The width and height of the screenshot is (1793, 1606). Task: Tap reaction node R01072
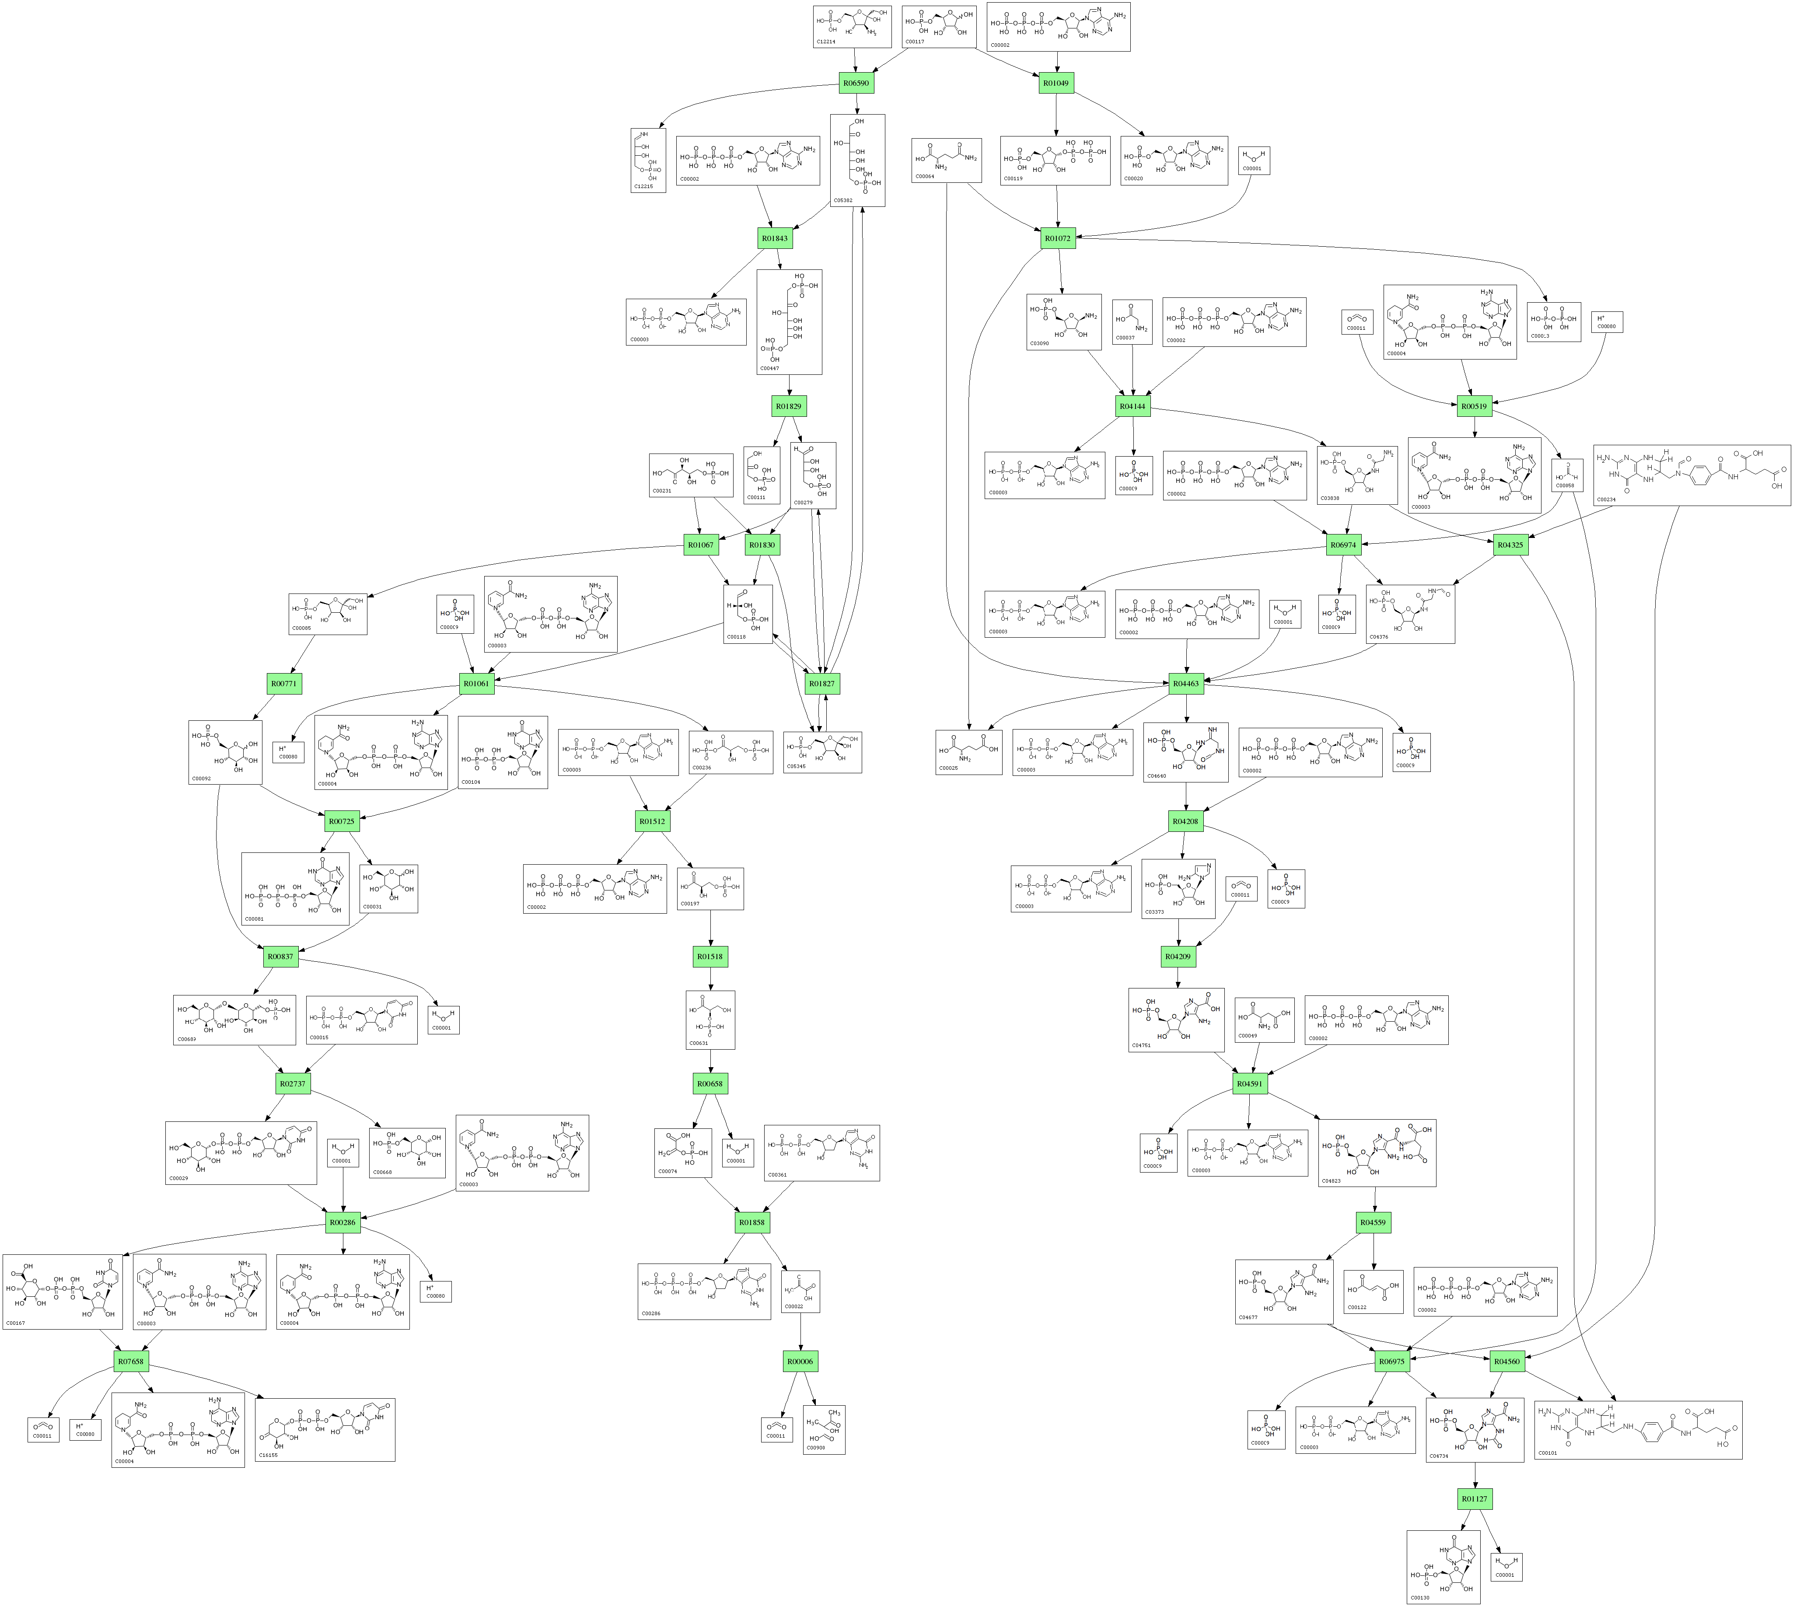1057,238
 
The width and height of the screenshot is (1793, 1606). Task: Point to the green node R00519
1474,407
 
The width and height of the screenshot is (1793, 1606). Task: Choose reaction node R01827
821,684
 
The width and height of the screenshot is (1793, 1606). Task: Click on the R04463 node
1186,684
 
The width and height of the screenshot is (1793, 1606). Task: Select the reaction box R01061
476,684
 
